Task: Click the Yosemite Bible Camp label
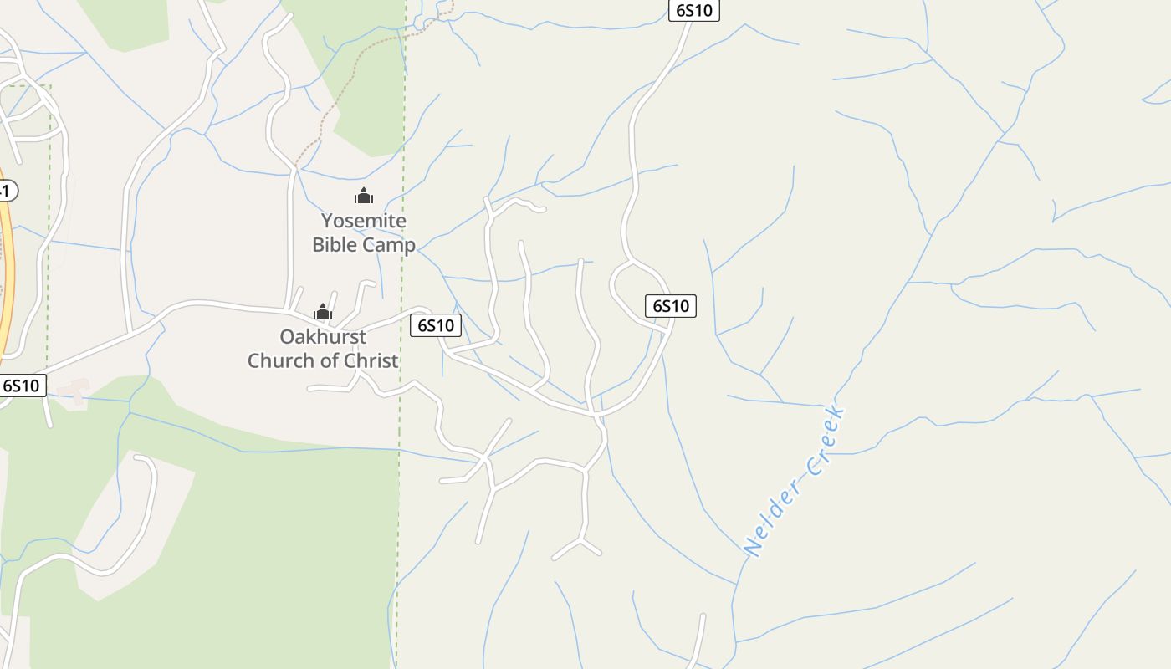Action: [x=364, y=232]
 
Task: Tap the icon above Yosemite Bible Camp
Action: [x=364, y=197]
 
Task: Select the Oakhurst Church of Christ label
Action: [x=323, y=349]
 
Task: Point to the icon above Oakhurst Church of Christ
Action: [x=323, y=314]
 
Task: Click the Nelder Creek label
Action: [x=795, y=482]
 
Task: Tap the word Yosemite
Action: [x=364, y=221]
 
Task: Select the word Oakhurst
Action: [x=323, y=337]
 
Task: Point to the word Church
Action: [x=286, y=361]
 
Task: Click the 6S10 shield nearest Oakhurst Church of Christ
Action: [x=436, y=325]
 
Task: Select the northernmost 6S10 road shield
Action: [x=694, y=10]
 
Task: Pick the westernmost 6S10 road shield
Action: [x=21, y=386]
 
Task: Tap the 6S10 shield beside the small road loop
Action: [x=671, y=306]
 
